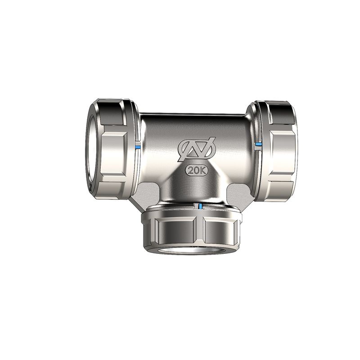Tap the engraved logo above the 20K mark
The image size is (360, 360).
pos(196,148)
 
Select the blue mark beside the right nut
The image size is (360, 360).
pos(258,144)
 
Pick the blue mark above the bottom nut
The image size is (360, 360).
pos(199,206)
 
